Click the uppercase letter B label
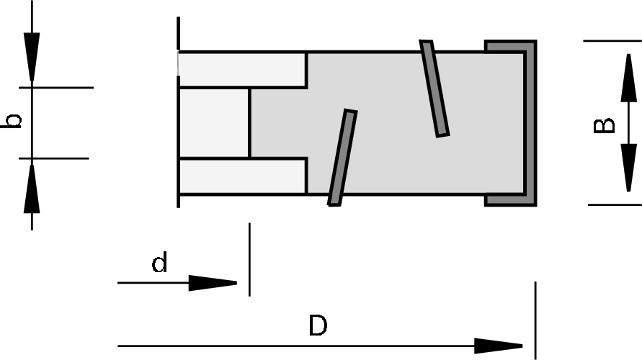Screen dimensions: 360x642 pyautogui.click(x=605, y=125)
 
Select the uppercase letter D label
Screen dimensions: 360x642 pyautogui.click(x=318, y=326)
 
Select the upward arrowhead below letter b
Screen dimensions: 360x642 pyautogui.click(x=32, y=189)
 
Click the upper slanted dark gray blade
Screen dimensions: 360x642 pyautogui.click(x=434, y=88)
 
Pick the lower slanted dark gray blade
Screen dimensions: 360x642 pyautogui.click(x=342, y=158)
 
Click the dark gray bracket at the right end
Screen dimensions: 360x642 pyautogui.click(x=530, y=122)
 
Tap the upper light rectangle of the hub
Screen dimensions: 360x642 pyautogui.click(x=242, y=69)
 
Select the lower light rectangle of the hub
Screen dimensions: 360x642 pyautogui.click(x=242, y=176)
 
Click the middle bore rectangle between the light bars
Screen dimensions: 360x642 pyautogui.click(x=213, y=122)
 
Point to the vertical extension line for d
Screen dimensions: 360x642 pyautogui.click(x=249, y=259)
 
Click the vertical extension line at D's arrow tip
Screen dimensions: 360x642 pyautogui.click(x=535, y=320)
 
